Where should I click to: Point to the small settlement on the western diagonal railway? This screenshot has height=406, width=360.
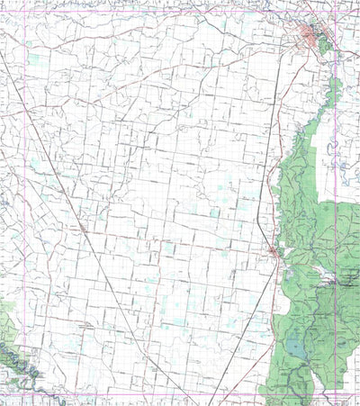pos(84,230)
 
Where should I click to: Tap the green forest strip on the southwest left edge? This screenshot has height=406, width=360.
pos(5,315)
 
